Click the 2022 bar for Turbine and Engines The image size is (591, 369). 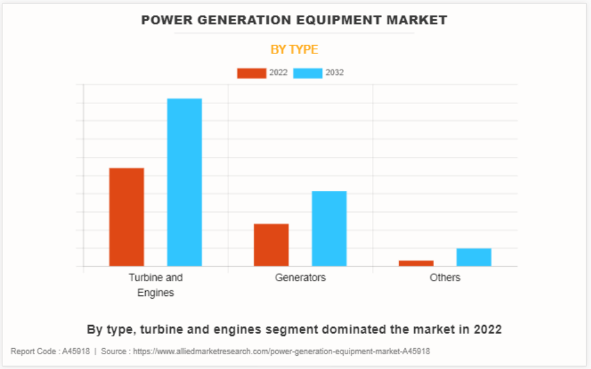tap(126, 217)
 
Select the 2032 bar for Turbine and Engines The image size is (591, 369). tap(185, 182)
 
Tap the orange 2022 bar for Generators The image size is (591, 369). tap(271, 245)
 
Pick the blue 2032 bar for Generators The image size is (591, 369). tap(329, 228)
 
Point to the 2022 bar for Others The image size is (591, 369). tap(416, 263)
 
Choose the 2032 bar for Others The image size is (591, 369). tap(474, 257)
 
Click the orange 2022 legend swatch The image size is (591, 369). tap(252, 73)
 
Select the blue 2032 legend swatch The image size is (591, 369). tap(308, 73)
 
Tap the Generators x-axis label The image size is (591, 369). tap(300, 277)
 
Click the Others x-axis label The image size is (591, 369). tap(445, 277)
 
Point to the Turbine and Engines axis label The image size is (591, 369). tap(155, 285)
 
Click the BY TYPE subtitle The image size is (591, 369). tap(294, 49)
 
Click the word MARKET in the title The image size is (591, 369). tap(417, 20)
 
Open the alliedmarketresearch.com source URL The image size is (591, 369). tap(281, 351)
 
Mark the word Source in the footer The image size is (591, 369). tap(113, 351)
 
